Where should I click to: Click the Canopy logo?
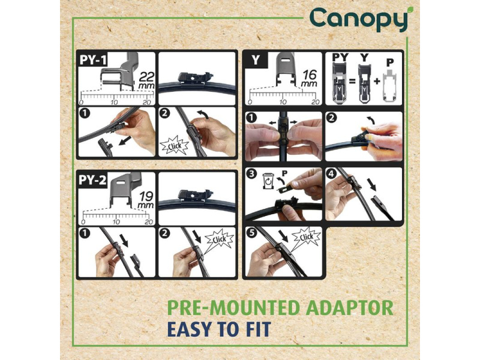(x=359, y=19)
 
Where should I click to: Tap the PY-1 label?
(x=93, y=60)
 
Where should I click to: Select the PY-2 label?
(x=92, y=180)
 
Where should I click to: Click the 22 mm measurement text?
(x=146, y=80)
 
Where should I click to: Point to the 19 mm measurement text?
(x=146, y=200)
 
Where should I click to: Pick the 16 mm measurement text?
(x=309, y=79)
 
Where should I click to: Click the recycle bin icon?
(x=268, y=181)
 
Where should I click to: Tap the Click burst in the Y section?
(x=306, y=237)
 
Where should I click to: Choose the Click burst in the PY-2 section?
(x=219, y=239)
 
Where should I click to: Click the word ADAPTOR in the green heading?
(x=349, y=308)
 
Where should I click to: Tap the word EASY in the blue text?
(x=190, y=329)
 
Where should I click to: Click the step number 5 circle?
(x=251, y=233)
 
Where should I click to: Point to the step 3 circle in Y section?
(x=251, y=174)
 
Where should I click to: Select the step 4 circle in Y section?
(x=332, y=174)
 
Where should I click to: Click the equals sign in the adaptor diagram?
(x=352, y=82)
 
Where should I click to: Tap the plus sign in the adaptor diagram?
(x=377, y=82)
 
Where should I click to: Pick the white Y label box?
(x=255, y=61)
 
